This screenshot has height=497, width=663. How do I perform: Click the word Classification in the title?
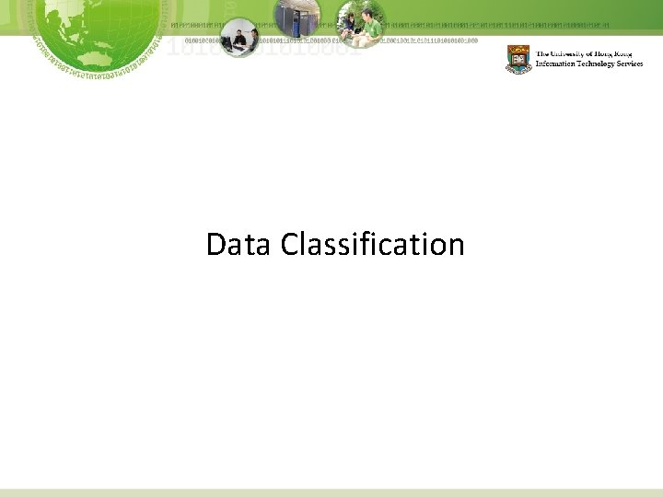[x=373, y=246]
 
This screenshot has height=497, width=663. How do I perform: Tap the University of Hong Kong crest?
[x=518, y=59]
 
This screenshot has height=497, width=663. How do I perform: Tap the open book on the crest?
[x=518, y=62]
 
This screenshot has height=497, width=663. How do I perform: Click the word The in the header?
[x=541, y=52]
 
